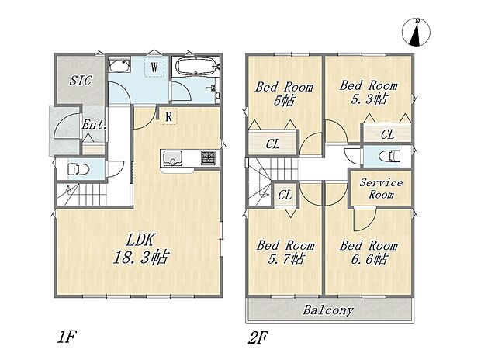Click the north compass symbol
pyautogui.click(x=416, y=33)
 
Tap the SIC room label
pyautogui.click(x=81, y=81)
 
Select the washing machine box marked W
pyautogui.click(x=154, y=67)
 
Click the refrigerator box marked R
pyautogui.click(x=168, y=116)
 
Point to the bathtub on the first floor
pyautogui.click(x=196, y=66)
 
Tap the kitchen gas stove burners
pyautogui.click(x=208, y=158)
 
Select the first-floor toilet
pyautogui.click(x=78, y=169)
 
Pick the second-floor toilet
pyautogui.click(x=389, y=156)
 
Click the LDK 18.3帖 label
pyautogui.click(x=140, y=248)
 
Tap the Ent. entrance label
pyautogui.click(x=94, y=125)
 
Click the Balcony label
pyautogui.click(x=328, y=310)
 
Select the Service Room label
pyautogui.click(x=381, y=189)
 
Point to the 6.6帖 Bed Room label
pyautogui.click(x=369, y=252)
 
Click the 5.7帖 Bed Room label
pyautogui.click(x=285, y=252)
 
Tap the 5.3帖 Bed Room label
pyautogui.click(x=369, y=92)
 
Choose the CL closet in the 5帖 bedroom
pyautogui.click(x=273, y=144)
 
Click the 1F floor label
pyautogui.click(x=66, y=337)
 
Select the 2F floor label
pyautogui.click(x=258, y=337)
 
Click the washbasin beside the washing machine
pyautogui.click(x=119, y=65)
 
